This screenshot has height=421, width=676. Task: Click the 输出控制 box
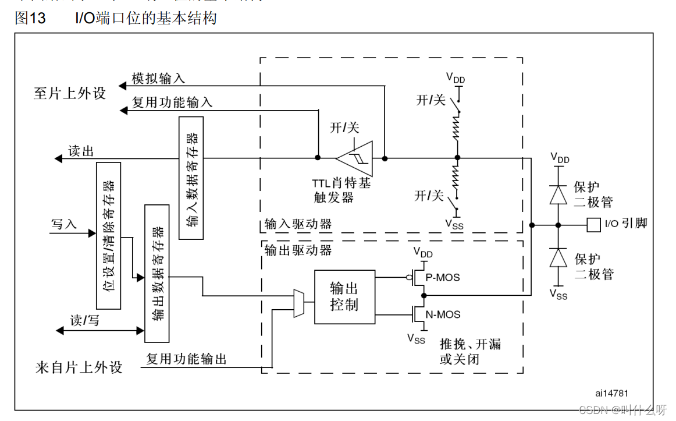point(344,296)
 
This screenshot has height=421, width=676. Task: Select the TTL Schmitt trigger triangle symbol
point(354,157)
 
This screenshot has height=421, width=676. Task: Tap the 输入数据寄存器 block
point(191,178)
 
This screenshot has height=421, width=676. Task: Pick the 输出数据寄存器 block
point(157,273)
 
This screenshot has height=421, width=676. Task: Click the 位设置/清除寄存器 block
point(108,235)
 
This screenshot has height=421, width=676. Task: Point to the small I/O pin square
point(593,224)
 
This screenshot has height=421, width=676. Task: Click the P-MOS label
point(443,278)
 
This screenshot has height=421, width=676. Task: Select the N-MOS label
point(443,315)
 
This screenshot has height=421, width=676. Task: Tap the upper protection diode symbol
point(558,194)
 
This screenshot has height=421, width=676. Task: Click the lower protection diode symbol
point(558,257)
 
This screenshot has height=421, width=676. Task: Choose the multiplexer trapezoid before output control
point(298,303)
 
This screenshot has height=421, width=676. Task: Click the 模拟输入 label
point(158,79)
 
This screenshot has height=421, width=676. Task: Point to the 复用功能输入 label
point(172,103)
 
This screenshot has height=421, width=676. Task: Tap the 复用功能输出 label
point(186,359)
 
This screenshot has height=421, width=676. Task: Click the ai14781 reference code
point(611,394)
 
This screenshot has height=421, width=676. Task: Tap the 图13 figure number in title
point(30,18)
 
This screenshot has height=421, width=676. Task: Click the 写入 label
point(64,224)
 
